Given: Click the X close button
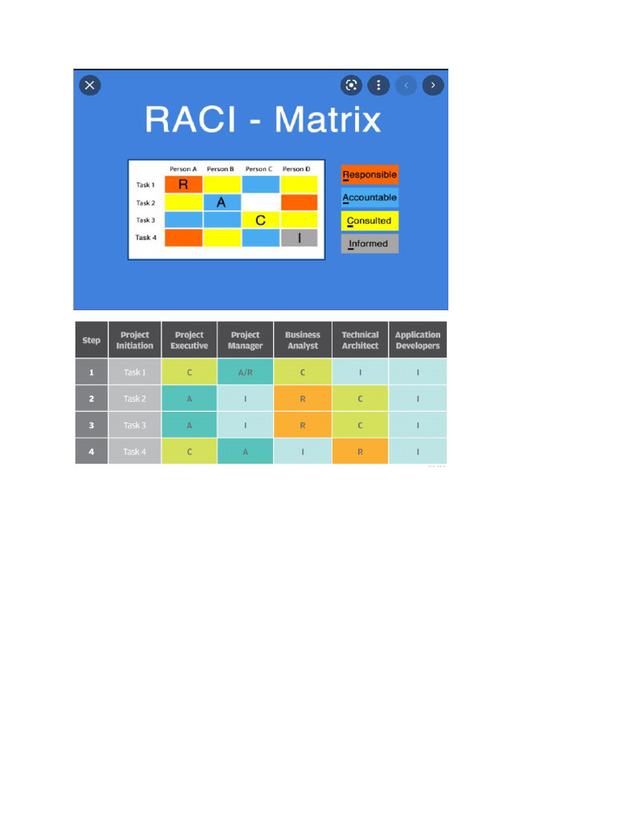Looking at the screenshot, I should pos(90,85).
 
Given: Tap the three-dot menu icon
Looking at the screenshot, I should pos(378,85).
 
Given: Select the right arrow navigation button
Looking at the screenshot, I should pos(433,85).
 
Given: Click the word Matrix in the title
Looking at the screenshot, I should pos(327,120).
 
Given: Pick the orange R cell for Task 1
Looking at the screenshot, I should pos(183,185).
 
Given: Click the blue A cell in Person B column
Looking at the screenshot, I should pos(222,202).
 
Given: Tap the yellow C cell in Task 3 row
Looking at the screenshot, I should pos(260,220).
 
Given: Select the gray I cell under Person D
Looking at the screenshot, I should pos(299,238).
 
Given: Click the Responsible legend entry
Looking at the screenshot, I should pos(370,175).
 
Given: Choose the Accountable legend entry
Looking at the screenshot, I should pos(370,197).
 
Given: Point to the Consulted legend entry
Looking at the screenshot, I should pos(370,221).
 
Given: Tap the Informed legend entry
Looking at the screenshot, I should pos(370,243).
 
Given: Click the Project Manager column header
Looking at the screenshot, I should pos(245,340).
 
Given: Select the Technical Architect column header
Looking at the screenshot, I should pos(360,340).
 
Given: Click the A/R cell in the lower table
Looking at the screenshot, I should pos(245,372).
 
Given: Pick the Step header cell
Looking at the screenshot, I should pos(92,340).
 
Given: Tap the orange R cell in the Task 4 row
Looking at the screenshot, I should pos(360,452).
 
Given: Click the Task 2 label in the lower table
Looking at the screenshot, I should pos(134,399).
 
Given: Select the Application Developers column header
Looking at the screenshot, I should pos(418,340).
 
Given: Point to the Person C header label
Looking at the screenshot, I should pos(259,169).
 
